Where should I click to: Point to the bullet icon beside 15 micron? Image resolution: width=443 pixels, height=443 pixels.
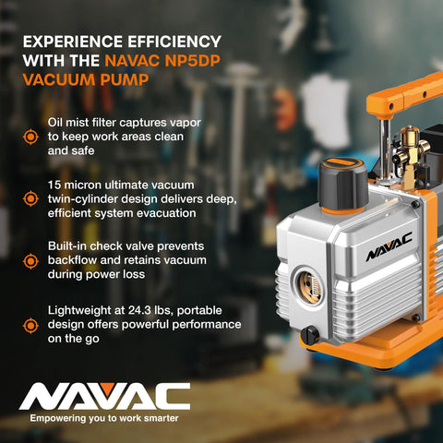tap(30, 198)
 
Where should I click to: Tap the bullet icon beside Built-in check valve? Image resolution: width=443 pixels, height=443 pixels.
tap(30, 260)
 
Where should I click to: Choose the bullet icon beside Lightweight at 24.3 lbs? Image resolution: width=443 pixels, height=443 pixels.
tap(30, 324)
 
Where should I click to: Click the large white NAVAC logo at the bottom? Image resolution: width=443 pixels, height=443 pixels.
tap(104, 396)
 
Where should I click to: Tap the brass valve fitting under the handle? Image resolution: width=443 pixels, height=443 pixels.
tap(406, 152)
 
